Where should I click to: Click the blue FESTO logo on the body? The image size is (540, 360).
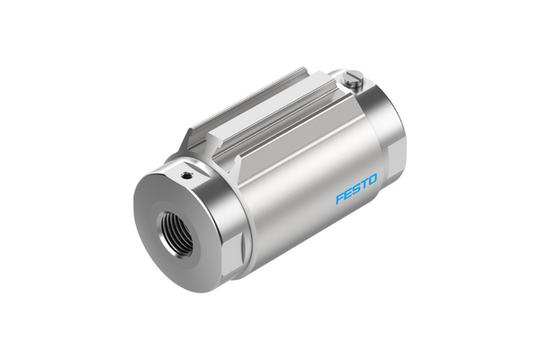coord(356,192)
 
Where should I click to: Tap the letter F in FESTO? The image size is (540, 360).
coord(340,199)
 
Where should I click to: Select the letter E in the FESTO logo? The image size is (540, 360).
coord(348,195)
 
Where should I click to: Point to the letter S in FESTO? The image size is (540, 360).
coord(356,192)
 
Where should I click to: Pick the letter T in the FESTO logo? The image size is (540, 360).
coord(364,188)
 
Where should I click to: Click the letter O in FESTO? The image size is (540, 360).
coord(373,184)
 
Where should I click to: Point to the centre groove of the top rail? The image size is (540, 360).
coord(270,112)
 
